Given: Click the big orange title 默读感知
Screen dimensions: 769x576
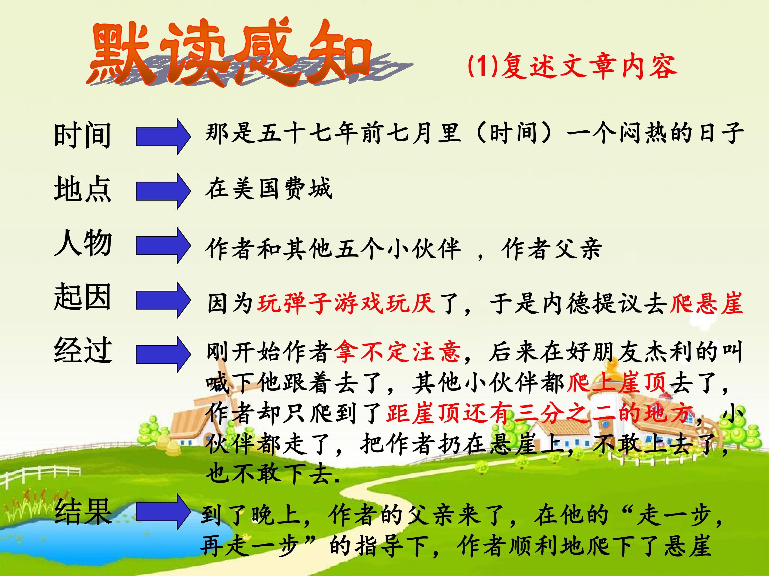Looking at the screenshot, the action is (229, 52).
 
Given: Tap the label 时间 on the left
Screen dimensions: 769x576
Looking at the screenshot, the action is (83, 135).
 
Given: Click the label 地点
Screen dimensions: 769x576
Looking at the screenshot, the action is (83, 189).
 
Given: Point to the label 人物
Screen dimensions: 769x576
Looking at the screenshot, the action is (83, 243).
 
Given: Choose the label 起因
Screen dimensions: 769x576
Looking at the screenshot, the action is (83, 297).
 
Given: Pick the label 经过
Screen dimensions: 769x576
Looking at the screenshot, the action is (83, 351).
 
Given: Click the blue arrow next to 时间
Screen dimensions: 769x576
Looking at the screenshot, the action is (163, 137).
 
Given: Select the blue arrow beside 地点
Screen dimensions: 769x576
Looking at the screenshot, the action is (163, 191).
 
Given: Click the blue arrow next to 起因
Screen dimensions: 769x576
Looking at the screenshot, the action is (163, 300).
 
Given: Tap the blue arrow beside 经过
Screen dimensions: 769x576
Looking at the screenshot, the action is (163, 354).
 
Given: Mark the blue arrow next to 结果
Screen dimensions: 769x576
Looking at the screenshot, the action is (163, 512).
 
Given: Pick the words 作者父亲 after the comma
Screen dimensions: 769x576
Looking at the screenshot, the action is (551, 249).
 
